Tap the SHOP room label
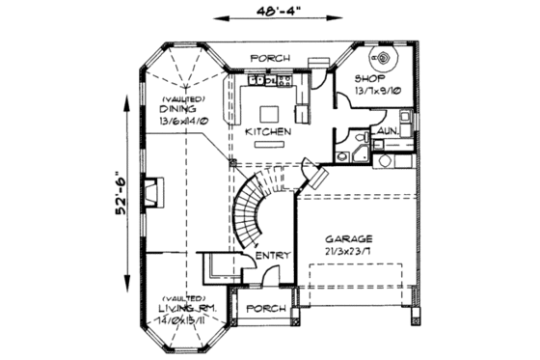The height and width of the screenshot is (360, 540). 369,78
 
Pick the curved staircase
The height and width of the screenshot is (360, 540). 253,208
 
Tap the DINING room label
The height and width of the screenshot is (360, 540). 177,109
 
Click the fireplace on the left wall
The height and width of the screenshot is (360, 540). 152,191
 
